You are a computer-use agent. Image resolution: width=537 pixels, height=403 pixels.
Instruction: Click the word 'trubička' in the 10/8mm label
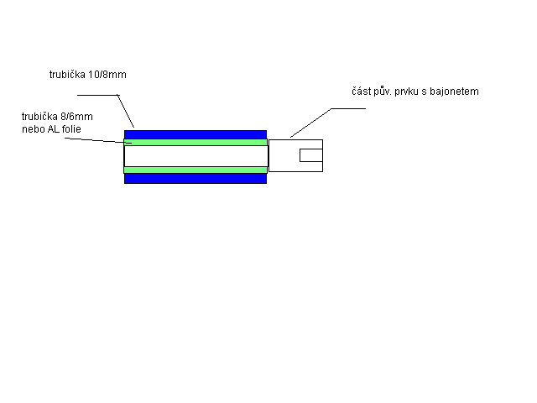click(67, 75)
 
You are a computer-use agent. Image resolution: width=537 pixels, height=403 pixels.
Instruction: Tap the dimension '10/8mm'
click(107, 75)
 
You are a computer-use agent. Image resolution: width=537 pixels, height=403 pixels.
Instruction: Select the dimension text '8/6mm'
click(76, 117)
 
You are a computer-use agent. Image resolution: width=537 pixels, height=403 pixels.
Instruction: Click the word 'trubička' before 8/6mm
click(39, 117)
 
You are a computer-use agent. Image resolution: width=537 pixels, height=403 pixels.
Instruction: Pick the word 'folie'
click(71, 129)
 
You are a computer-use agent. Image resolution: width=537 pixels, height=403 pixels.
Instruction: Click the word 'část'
click(361, 92)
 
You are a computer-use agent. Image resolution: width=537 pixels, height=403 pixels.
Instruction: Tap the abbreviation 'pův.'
click(383, 92)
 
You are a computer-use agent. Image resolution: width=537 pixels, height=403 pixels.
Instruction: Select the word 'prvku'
click(405, 92)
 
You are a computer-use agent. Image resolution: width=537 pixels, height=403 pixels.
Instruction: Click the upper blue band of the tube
click(196, 134)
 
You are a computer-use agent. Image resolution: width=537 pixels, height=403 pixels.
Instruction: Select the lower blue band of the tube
click(196, 179)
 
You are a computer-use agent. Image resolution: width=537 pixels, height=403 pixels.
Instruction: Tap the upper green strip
click(196, 143)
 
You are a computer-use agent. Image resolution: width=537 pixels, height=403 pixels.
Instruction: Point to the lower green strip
click(196, 170)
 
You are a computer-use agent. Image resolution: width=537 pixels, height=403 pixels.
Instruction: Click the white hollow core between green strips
click(196, 156)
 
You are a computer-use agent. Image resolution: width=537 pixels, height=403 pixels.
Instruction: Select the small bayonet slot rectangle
click(311, 155)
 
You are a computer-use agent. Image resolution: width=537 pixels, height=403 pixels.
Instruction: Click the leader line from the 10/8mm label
click(117, 95)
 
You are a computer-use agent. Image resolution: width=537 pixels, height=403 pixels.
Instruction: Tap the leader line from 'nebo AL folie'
click(98, 140)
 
